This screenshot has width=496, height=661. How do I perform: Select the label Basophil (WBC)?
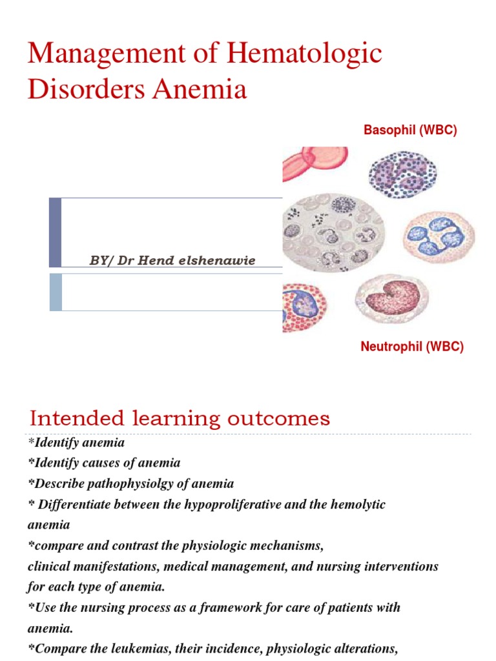410,130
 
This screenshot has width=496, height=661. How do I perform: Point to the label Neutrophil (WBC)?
412,347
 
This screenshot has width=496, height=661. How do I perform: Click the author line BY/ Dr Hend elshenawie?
172,260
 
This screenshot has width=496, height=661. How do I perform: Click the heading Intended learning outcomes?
180,418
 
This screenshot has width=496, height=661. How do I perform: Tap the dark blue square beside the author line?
56,232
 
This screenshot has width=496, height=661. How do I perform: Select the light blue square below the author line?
56,292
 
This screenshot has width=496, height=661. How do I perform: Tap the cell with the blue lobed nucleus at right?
439,235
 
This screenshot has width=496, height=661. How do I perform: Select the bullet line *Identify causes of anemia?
103,463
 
